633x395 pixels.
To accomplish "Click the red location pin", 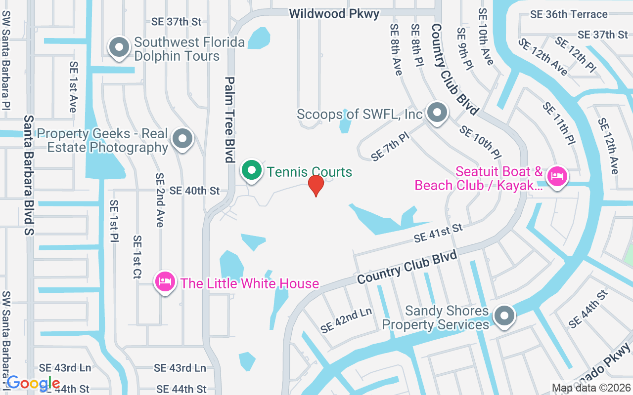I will tap(316, 185).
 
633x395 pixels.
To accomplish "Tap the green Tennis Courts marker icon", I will tap(252, 171).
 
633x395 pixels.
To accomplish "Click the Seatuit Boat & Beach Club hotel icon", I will tap(557, 176).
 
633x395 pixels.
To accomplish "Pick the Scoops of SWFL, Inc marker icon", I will tap(437, 113).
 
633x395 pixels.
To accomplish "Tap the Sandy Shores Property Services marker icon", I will tap(504, 315).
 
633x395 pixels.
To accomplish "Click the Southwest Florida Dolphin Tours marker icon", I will tap(119, 48).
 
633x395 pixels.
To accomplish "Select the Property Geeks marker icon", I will tap(182, 139).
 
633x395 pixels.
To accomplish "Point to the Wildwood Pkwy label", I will tap(334, 14).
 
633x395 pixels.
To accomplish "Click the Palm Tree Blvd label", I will tap(229, 119).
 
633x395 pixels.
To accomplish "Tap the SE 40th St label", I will tap(194, 191).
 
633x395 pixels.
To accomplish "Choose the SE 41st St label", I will tap(438, 233).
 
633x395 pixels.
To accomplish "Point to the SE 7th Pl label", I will tap(391, 146).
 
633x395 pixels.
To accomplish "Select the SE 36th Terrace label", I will tap(569, 14).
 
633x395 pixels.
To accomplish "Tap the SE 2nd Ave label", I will tap(159, 200).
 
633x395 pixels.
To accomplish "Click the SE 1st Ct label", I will tap(137, 257).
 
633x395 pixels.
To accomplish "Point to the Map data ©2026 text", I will tap(590, 388).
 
